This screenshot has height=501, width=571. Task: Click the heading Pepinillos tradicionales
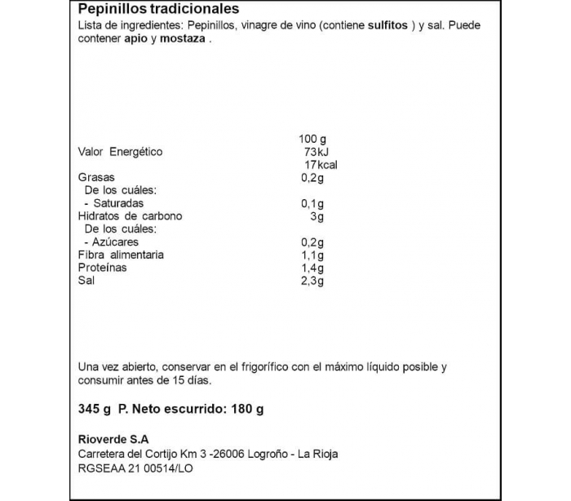click(x=158, y=10)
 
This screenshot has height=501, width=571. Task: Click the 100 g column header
click(x=312, y=139)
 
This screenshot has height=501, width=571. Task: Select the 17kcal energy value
click(x=319, y=165)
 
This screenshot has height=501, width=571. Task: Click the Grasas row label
click(x=95, y=177)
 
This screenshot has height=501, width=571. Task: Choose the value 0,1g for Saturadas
click(x=312, y=203)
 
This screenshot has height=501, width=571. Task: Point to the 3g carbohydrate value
click(x=317, y=216)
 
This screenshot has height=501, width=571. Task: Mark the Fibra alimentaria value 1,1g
click(x=312, y=255)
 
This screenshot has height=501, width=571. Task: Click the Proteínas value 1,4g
click(x=312, y=268)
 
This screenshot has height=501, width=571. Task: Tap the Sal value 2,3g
click(x=312, y=282)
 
